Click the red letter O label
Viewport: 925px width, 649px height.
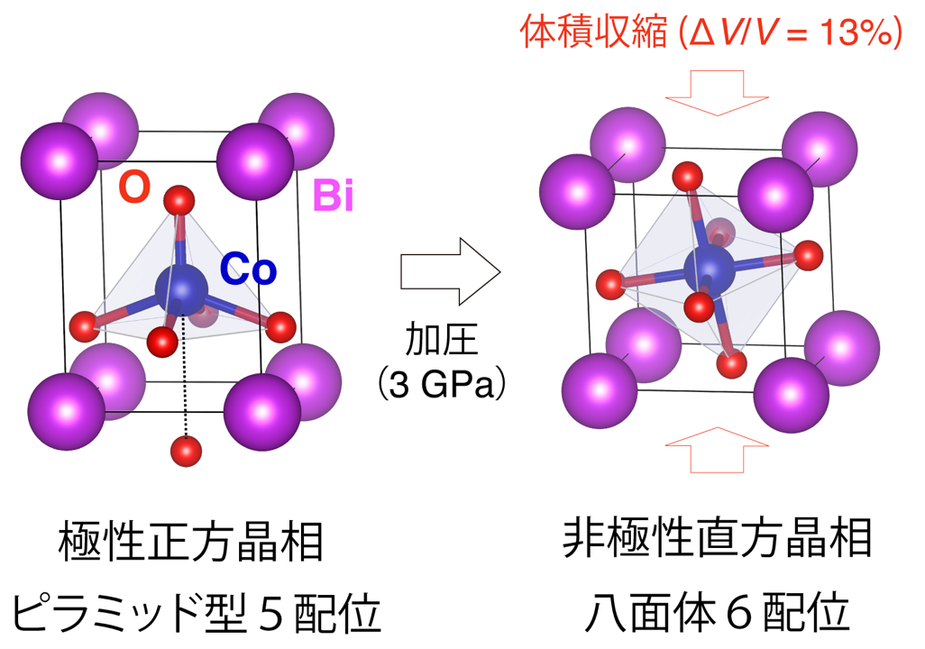(x=134, y=187)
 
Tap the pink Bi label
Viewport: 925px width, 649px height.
(x=334, y=196)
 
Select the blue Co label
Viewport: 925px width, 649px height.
(x=248, y=269)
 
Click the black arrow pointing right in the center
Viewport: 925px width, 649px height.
(x=450, y=271)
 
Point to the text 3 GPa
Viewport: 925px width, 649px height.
(x=442, y=383)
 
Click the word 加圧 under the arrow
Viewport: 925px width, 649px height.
(x=441, y=341)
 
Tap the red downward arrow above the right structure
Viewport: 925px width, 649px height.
(x=717, y=93)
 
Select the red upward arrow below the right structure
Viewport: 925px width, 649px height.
(x=717, y=450)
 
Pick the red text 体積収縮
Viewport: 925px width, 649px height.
(x=593, y=32)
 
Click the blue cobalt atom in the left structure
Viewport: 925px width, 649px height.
(x=181, y=289)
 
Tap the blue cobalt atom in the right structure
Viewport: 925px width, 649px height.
(x=710, y=270)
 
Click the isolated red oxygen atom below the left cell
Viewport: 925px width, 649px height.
(x=186, y=452)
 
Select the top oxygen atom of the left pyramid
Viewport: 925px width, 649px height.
(x=179, y=201)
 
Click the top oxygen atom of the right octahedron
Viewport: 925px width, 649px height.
(x=687, y=176)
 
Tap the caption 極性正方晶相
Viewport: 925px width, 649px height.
(x=191, y=542)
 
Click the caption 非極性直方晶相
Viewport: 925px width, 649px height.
(x=717, y=538)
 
